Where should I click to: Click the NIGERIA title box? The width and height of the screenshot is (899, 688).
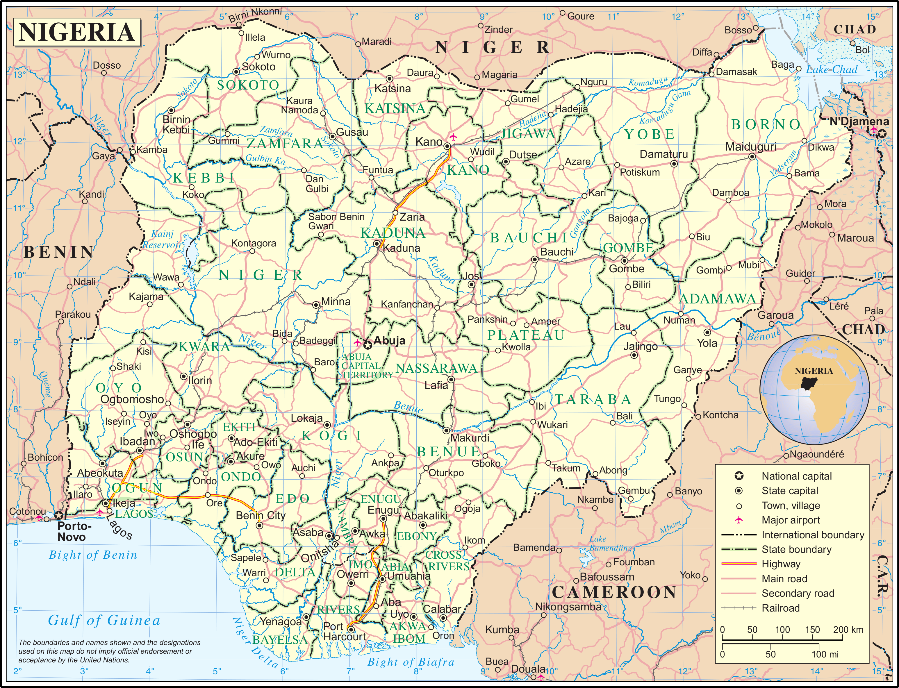(x=77, y=32)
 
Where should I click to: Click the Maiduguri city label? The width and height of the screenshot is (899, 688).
(x=750, y=146)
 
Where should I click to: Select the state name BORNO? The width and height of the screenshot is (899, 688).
(x=766, y=124)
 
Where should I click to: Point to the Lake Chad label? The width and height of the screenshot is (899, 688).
(x=832, y=70)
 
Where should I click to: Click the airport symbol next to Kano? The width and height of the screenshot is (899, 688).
(x=453, y=136)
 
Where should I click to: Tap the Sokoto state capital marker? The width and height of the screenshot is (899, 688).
(x=236, y=72)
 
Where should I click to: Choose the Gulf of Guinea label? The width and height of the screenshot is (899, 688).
(x=104, y=621)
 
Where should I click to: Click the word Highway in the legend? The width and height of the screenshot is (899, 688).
(x=781, y=564)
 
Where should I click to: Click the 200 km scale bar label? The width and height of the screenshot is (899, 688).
(x=848, y=630)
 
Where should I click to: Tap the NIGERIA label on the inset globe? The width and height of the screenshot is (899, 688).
(x=814, y=371)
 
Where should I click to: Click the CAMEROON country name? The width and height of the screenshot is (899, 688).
(x=613, y=592)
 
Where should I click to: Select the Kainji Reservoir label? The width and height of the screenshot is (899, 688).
(x=162, y=240)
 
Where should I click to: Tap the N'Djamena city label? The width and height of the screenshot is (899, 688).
(x=859, y=121)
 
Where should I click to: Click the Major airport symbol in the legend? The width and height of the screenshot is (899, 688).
(x=739, y=520)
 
